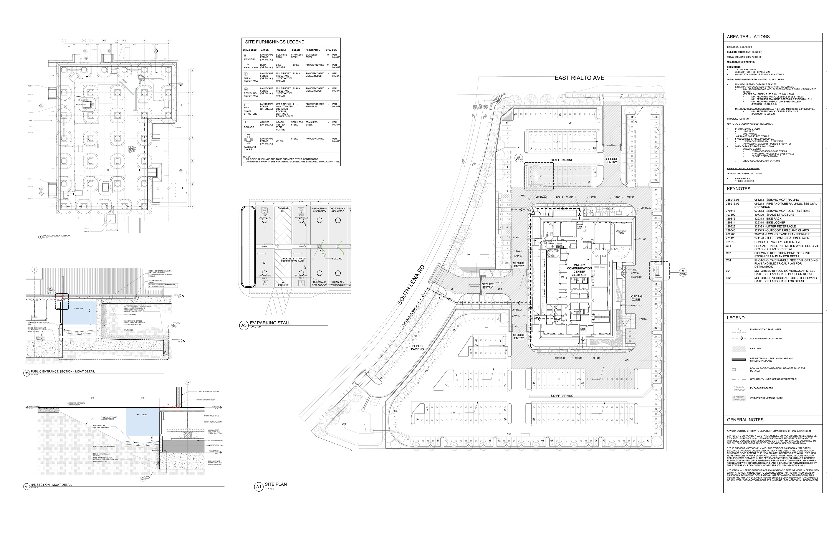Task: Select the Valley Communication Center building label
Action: (x=579, y=270)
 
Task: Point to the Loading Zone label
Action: (x=636, y=298)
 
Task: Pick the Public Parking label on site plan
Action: (x=417, y=348)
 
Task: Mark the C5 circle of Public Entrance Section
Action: (x=26, y=373)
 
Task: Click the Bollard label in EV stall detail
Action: (x=337, y=259)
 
